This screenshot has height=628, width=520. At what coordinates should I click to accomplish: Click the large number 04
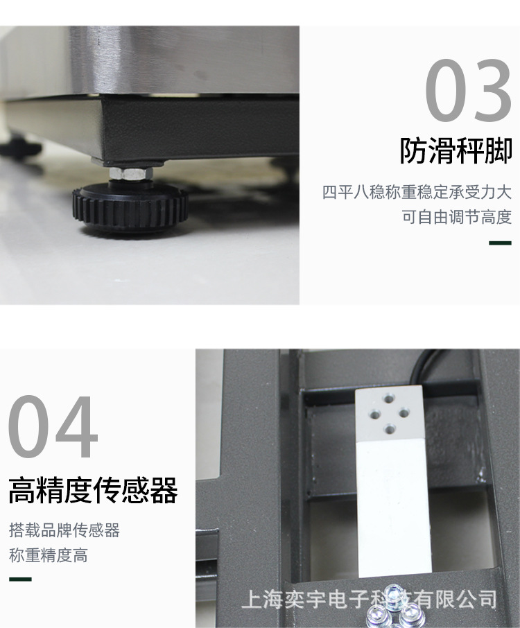[x=53, y=427]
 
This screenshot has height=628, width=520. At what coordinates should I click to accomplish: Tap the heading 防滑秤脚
[x=456, y=151]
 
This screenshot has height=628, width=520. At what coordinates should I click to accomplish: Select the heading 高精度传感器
[x=93, y=490]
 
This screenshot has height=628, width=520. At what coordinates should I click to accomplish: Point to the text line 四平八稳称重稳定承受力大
[x=417, y=193]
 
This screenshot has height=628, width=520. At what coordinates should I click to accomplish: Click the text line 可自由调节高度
[x=457, y=217]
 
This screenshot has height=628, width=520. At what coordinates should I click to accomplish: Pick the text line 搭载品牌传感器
[x=64, y=530]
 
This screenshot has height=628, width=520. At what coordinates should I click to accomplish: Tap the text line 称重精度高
[x=48, y=555]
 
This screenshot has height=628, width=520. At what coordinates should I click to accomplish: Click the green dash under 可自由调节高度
[x=501, y=243]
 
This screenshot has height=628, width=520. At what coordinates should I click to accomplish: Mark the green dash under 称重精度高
[x=20, y=579]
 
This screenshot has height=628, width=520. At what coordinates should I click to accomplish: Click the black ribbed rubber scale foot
[x=130, y=207]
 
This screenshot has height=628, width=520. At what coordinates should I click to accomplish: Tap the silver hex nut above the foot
[x=130, y=173]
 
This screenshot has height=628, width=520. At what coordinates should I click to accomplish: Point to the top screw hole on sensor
[x=388, y=399]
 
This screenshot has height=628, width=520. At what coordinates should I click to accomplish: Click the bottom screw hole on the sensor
[x=390, y=430]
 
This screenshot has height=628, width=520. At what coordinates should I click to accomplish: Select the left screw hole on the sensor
[x=375, y=414]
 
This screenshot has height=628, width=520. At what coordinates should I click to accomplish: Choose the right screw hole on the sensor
[x=404, y=412]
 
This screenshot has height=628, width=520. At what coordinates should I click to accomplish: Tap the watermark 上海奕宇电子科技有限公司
[x=369, y=600]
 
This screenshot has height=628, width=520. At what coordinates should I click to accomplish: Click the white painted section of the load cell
[x=394, y=509]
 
